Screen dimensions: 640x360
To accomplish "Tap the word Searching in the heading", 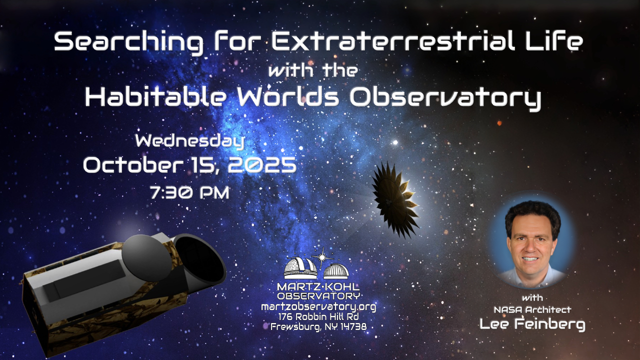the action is tap(128, 42).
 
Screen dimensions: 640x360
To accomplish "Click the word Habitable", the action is tap(155, 96).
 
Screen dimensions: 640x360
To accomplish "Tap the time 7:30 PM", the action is tap(189, 192).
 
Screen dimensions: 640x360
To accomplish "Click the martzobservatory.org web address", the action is tap(318, 307).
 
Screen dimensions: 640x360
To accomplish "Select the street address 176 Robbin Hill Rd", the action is tap(318, 317).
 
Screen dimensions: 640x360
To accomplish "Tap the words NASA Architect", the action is tap(532, 309).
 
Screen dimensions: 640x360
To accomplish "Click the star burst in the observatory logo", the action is tap(322, 257).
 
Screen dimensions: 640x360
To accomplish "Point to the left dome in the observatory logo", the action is tap(300, 268).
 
